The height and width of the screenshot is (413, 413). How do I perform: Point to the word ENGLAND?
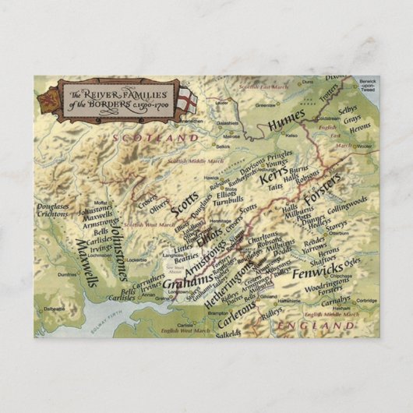point(321,323)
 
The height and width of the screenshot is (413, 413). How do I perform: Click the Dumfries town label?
point(65,274)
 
